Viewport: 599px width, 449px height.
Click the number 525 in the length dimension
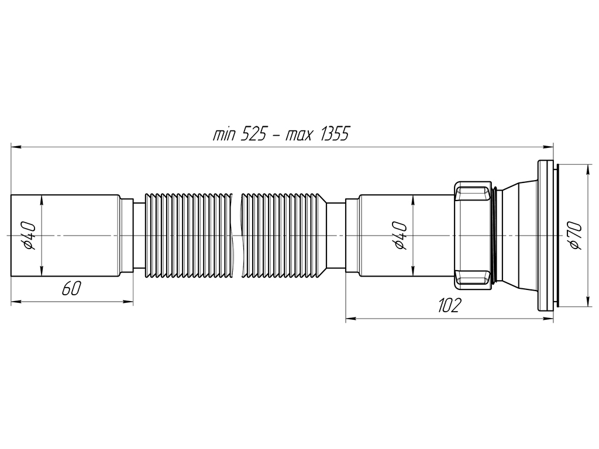[x=253, y=134]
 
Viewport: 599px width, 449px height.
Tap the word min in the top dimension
[x=224, y=135]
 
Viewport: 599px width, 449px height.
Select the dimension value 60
[x=71, y=288]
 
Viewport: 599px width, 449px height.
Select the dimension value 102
[x=449, y=305]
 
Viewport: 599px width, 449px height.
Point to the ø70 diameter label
[x=576, y=236]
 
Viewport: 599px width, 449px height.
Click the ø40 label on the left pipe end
[x=29, y=236]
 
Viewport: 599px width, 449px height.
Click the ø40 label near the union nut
[x=401, y=235]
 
